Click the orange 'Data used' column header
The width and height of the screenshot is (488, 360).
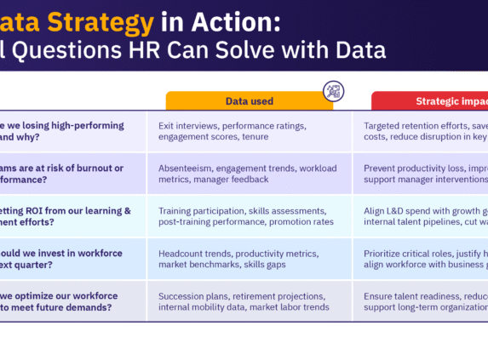pyautogui.click(x=250, y=101)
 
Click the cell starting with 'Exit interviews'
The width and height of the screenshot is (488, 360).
pyautogui.click(x=249, y=131)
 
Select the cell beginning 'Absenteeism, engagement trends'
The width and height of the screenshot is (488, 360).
pyautogui.click(x=249, y=174)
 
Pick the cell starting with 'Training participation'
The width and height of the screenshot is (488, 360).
pyautogui.click(x=249, y=216)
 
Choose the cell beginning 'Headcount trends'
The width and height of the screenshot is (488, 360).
pyautogui.click(x=249, y=260)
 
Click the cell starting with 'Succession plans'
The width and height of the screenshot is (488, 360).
pyautogui.click(x=249, y=301)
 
